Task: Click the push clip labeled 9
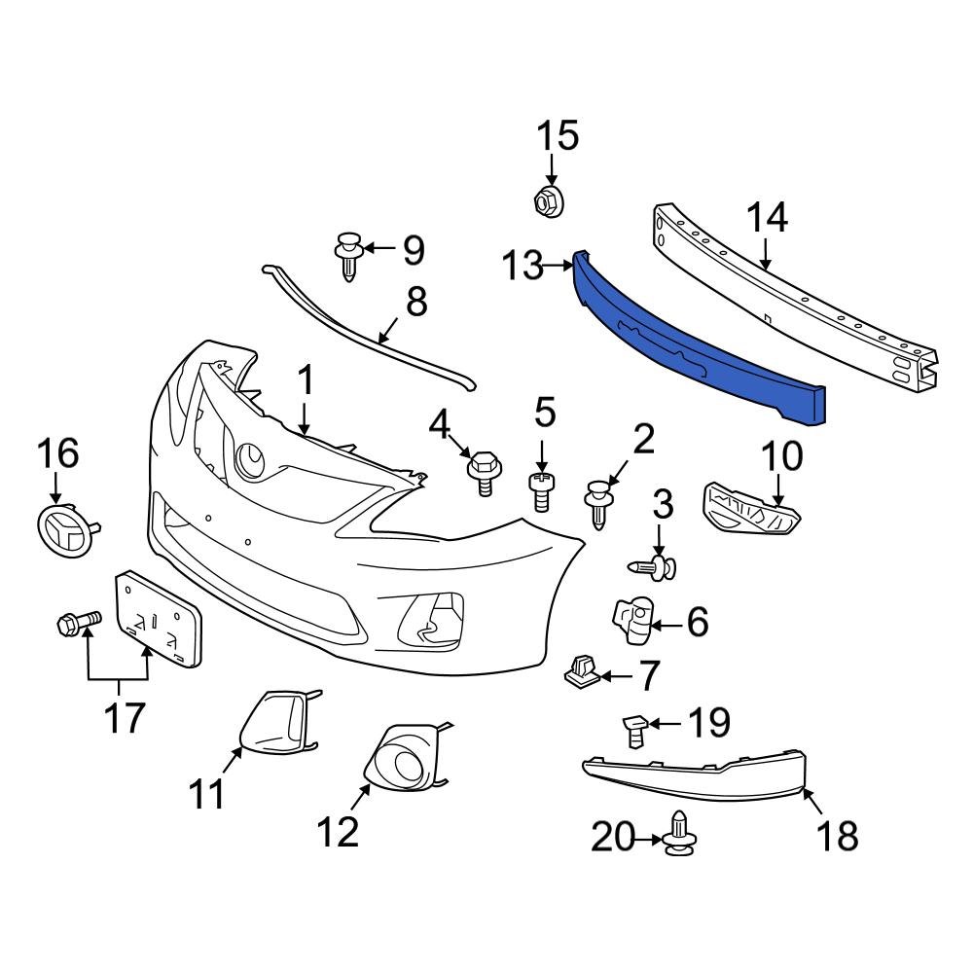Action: [x=348, y=256]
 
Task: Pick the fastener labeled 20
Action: [x=680, y=838]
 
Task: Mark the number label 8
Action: [x=415, y=303]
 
